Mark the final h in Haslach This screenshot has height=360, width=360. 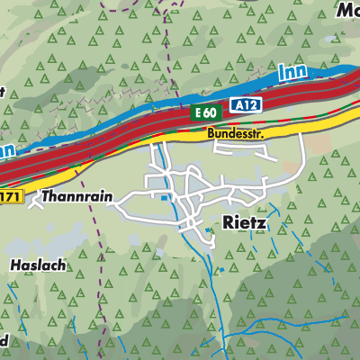point(57,265)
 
